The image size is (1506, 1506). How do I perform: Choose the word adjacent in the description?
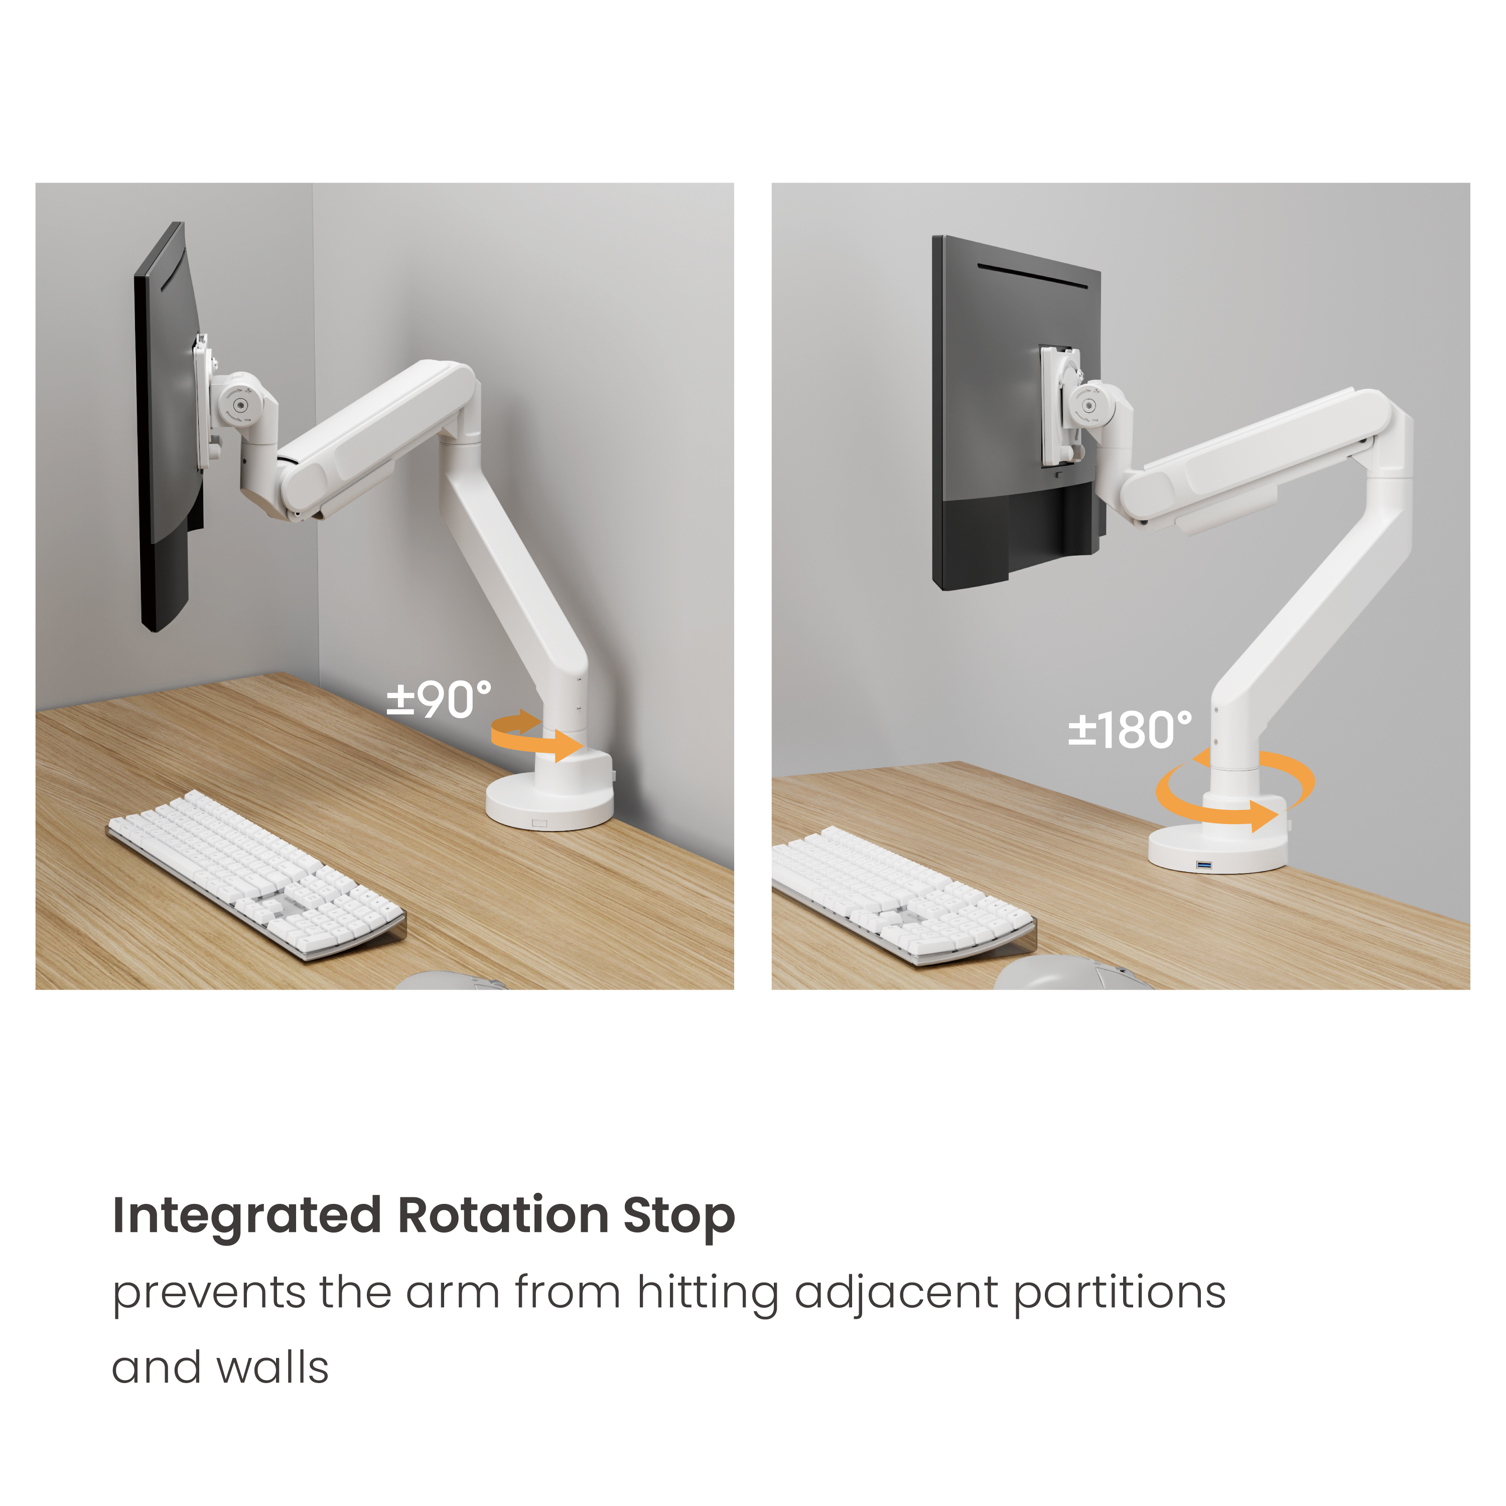[x=896, y=1294]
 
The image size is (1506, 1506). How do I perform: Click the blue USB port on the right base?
[x=1205, y=865]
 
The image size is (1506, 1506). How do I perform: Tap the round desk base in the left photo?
[x=549, y=803]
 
